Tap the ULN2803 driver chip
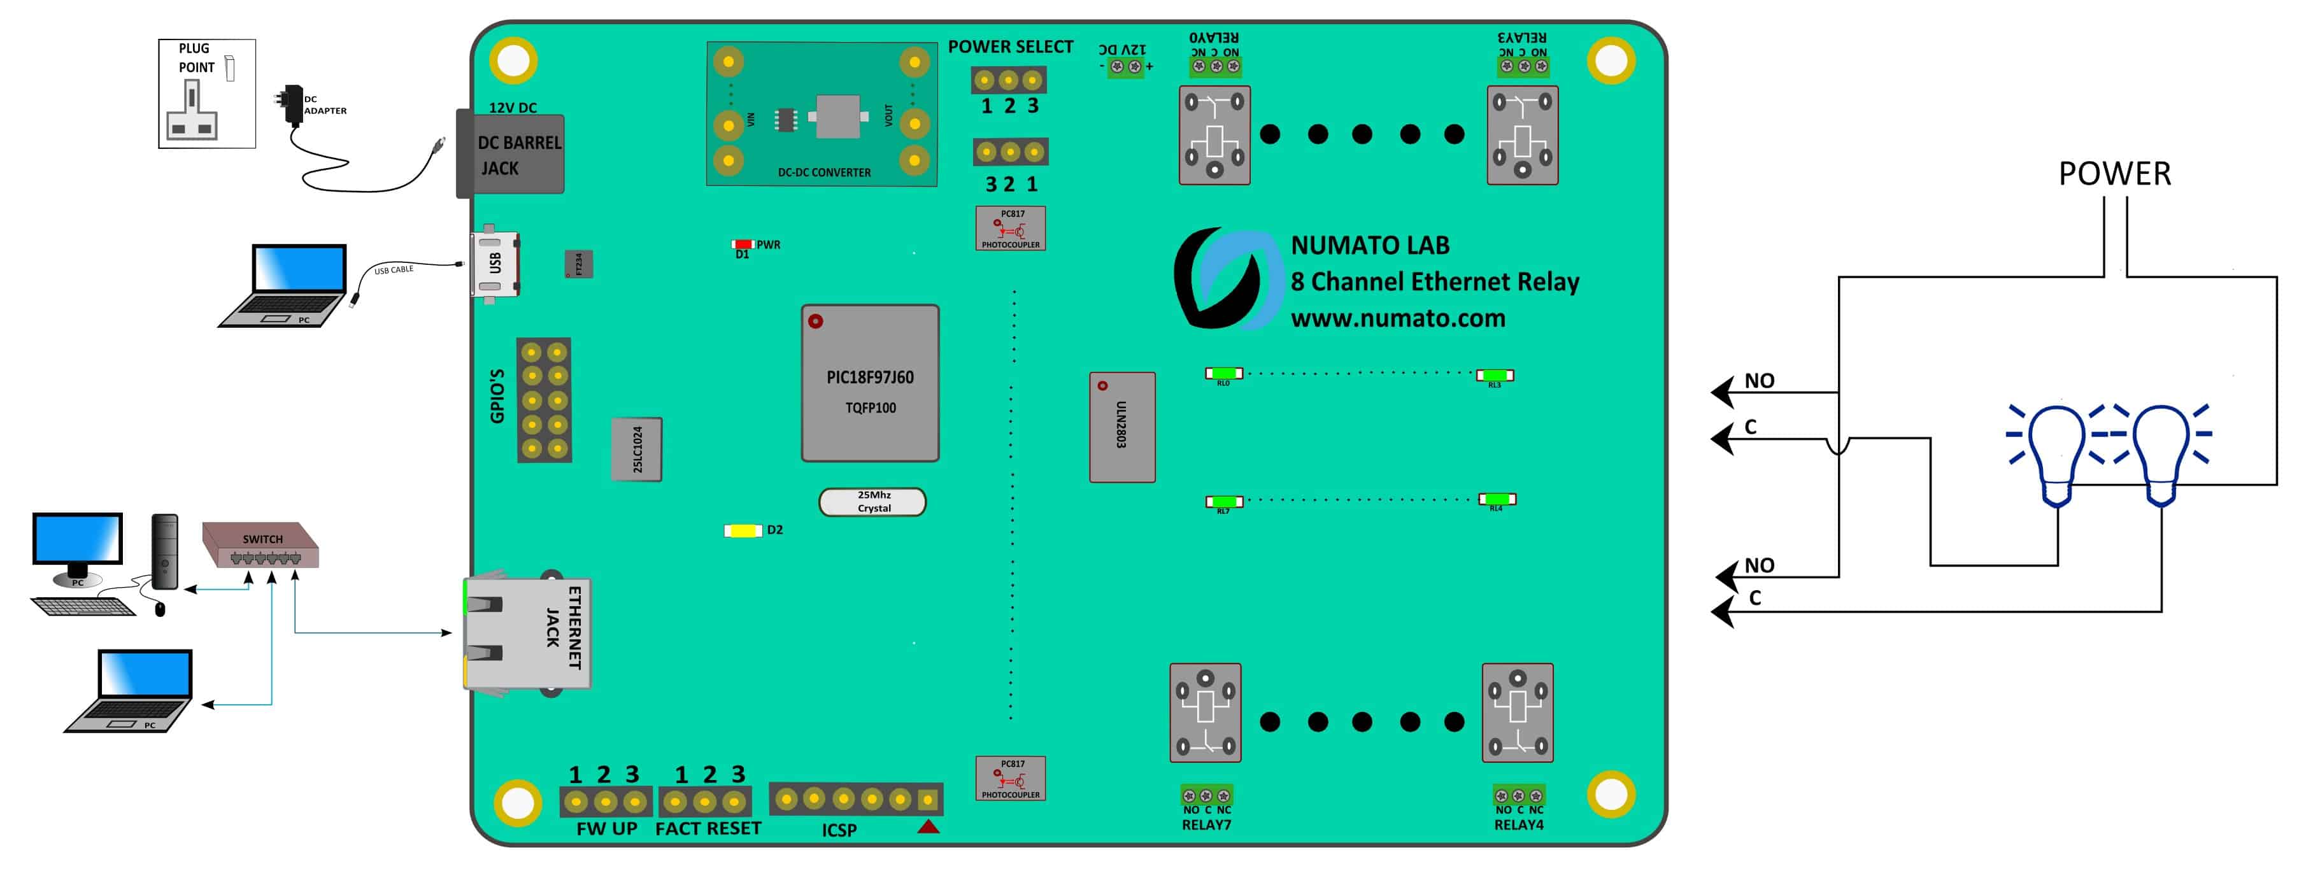(1122, 427)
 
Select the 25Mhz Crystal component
(872, 502)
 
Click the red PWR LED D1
(742, 244)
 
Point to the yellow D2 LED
(744, 530)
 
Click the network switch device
(261, 545)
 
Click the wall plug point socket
(206, 94)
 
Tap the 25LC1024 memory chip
(637, 450)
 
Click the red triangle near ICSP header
(929, 826)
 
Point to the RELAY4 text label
(1518, 825)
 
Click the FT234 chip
(578, 264)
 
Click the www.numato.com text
(1398, 319)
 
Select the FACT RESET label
(708, 829)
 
